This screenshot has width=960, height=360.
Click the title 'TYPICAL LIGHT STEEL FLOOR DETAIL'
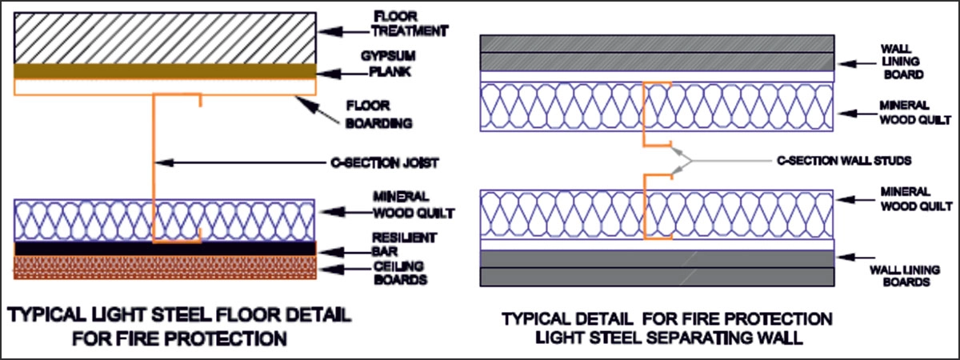178,314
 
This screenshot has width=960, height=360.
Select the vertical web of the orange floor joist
153,168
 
